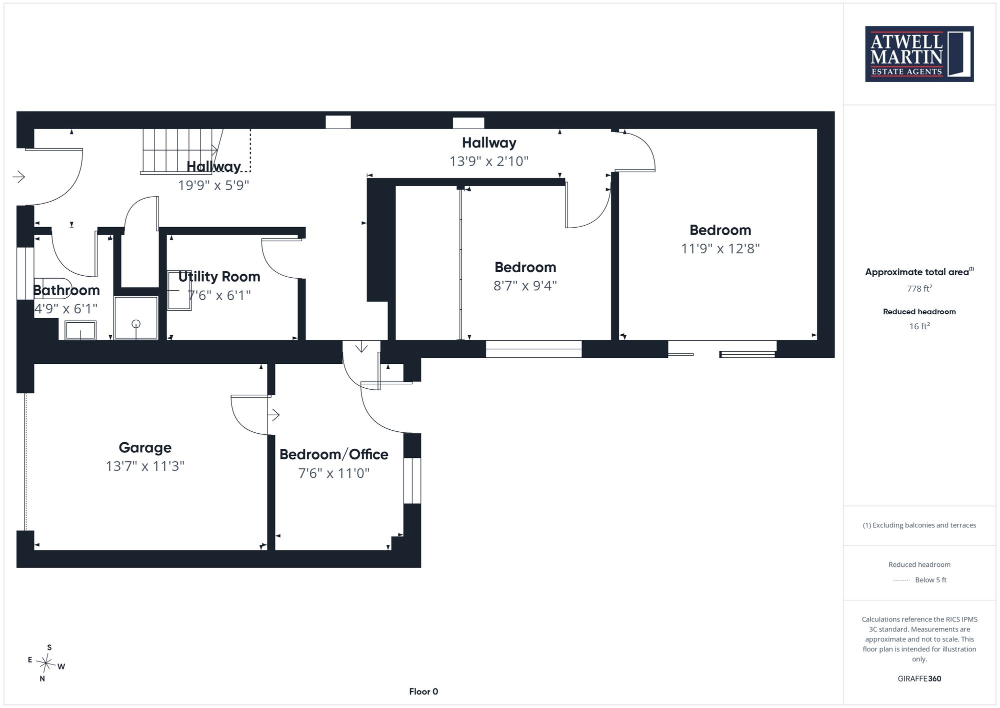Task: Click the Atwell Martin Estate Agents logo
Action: tap(919, 54)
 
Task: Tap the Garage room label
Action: tap(145, 447)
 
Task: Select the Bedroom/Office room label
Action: tap(333, 454)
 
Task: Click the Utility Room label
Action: tap(219, 277)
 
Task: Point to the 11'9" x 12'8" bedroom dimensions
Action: tap(720, 249)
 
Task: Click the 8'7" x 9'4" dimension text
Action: tap(525, 286)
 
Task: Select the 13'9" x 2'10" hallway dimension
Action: tap(489, 161)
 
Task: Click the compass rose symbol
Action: tap(46, 663)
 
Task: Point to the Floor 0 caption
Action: tap(423, 691)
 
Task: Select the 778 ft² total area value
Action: tap(919, 288)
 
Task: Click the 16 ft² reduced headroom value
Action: tap(919, 326)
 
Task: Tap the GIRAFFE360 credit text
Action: tap(919, 678)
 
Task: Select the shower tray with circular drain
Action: tap(136, 318)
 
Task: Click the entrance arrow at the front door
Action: tap(18, 177)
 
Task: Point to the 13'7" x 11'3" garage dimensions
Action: tap(145, 466)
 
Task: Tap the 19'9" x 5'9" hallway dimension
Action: tap(213, 185)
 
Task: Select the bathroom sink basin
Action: tap(80, 330)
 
